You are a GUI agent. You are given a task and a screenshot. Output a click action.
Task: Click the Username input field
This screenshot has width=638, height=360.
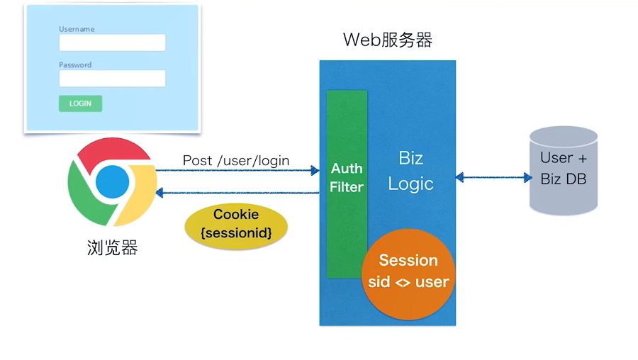tap(112, 43)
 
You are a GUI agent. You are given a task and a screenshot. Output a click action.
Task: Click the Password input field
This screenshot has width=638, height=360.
tap(112, 78)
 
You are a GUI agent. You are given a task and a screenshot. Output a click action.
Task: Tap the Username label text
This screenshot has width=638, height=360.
tap(77, 29)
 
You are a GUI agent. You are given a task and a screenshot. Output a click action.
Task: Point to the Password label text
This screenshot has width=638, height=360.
tap(75, 64)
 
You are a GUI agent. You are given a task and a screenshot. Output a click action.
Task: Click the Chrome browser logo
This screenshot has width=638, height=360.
tap(111, 181)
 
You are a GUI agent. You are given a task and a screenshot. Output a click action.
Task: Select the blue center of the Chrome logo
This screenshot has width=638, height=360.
tap(112, 181)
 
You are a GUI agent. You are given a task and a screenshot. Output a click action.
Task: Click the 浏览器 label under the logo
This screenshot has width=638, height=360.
tap(112, 248)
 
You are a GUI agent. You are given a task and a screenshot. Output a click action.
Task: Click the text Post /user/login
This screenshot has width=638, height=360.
tap(236, 160)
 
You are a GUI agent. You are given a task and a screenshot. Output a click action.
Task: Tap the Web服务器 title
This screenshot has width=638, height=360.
tap(387, 40)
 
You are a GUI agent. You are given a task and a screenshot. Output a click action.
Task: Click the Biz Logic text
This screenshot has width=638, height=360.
tap(411, 171)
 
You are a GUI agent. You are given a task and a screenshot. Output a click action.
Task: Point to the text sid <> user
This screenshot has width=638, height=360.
tap(408, 281)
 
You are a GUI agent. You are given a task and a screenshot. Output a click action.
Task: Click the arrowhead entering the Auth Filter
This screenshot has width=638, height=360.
tap(315, 170)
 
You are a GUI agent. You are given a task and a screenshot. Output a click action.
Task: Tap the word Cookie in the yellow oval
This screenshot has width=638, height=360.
tap(236, 214)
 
